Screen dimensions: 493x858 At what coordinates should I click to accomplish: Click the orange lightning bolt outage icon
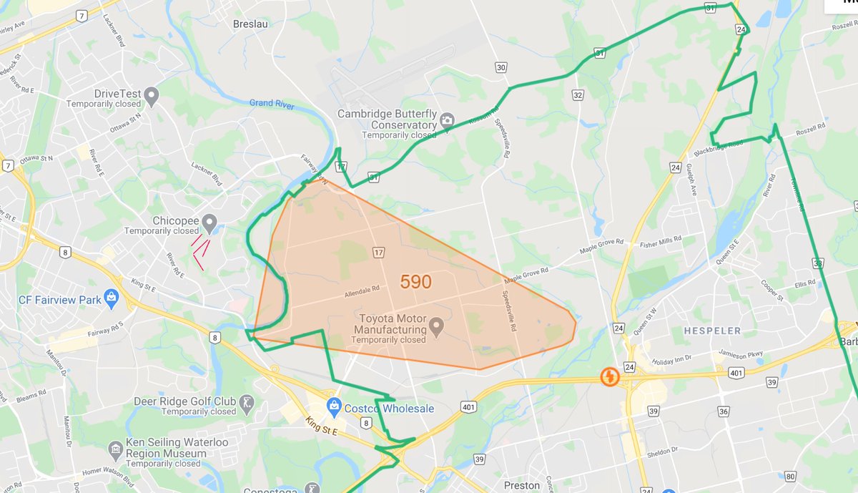(x=609, y=376)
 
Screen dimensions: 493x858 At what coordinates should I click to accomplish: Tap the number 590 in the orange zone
(x=415, y=282)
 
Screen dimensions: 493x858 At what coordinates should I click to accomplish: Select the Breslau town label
(x=250, y=24)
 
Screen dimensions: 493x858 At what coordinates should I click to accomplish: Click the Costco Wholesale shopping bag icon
(x=333, y=406)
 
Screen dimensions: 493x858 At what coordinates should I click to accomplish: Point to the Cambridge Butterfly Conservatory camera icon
(x=447, y=119)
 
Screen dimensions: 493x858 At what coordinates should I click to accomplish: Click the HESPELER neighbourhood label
(x=712, y=331)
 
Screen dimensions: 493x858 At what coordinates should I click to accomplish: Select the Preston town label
(x=522, y=485)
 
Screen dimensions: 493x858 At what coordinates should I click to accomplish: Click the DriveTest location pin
(x=151, y=94)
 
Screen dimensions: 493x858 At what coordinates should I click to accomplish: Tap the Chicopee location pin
(x=209, y=223)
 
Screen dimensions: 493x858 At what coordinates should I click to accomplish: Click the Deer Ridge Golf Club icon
(x=246, y=401)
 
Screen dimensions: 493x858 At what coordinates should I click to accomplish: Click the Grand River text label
(x=272, y=104)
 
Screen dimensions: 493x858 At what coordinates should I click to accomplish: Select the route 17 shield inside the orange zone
(x=378, y=252)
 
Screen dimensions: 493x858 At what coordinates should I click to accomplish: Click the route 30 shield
(x=501, y=67)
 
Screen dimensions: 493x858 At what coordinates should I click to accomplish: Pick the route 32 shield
(x=578, y=94)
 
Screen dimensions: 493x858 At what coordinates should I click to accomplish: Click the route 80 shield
(x=790, y=476)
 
